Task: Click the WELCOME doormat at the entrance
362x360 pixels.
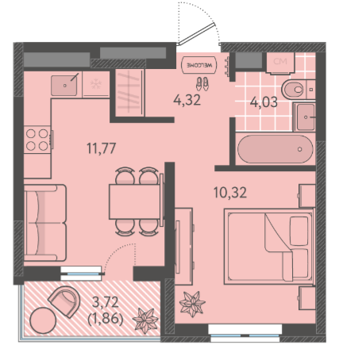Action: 198,65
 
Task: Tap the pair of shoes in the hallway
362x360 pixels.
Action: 202,83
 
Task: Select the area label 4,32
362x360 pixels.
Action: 187,101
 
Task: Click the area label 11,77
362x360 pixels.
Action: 102,148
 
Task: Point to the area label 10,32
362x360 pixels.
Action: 230,193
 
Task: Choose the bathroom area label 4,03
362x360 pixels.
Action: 264,102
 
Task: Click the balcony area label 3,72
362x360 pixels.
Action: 106,302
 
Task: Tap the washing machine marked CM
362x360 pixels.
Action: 280,63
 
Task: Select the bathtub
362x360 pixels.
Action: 275,149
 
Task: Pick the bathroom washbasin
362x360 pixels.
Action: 304,117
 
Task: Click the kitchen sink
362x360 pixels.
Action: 64,85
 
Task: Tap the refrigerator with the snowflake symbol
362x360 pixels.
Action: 96,84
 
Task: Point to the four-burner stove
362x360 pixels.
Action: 37,140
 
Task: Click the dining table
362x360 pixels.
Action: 135,201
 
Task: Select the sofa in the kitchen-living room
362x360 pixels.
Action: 45,223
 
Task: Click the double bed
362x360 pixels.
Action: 269,247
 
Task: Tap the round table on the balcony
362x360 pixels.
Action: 43,320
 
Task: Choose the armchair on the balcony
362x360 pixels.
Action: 64,301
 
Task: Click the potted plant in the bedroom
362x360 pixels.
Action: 192,304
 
